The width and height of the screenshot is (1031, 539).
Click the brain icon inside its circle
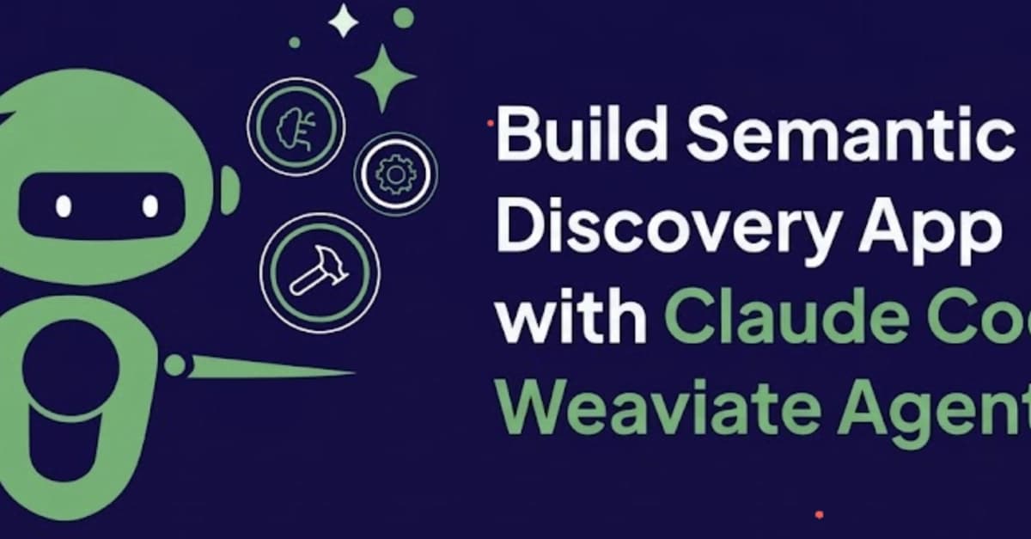pyautogui.click(x=296, y=127)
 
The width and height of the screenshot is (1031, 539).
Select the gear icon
pyautogui.click(x=395, y=175)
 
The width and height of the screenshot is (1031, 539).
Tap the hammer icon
pyautogui.click(x=319, y=273)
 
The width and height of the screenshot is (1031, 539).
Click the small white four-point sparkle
pyautogui.click(x=344, y=21)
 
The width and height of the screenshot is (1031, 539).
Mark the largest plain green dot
pyautogui.click(x=403, y=16)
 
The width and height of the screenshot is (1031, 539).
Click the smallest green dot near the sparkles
pyautogui.click(x=295, y=42)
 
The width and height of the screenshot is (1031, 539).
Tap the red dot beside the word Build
pyautogui.click(x=490, y=124)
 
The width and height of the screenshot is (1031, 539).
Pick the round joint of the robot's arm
pyautogui.click(x=174, y=366)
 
